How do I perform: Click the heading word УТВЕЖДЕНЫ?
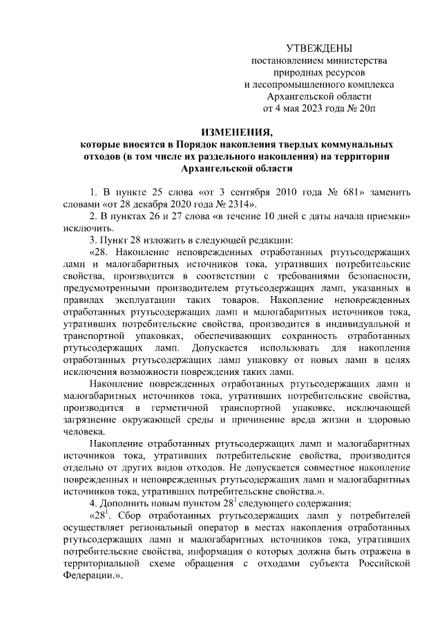(x=319, y=48)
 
